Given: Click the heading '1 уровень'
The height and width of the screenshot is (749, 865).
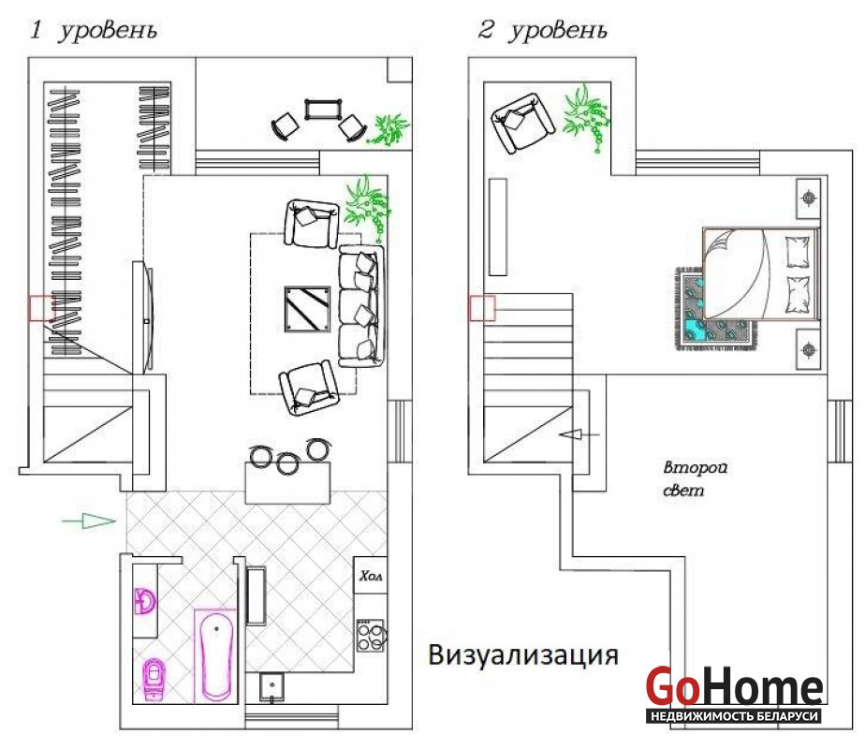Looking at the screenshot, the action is point(94,30).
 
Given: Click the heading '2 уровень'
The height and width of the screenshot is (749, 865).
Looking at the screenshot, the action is point(542,30).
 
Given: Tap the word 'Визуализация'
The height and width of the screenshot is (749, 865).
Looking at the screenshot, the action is point(523,655).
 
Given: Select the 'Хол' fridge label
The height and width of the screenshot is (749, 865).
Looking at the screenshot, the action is point(371,576).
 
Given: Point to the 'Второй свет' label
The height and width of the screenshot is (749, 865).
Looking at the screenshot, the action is point(695,478).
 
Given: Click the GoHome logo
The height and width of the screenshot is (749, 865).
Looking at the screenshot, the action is point(734,694).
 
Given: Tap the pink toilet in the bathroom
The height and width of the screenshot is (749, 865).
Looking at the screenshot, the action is point(154,680).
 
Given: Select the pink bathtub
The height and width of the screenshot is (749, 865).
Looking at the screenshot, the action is point(215,655).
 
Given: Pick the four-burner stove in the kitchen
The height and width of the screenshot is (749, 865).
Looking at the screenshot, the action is point(370,636).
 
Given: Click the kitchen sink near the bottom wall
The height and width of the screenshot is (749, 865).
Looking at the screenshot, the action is point(271,687).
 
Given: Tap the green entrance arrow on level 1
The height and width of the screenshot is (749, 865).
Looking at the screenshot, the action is point(89,521).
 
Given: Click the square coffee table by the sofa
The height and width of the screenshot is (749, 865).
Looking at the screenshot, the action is point(307,309).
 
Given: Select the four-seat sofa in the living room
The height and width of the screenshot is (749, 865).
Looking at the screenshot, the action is point(360,307).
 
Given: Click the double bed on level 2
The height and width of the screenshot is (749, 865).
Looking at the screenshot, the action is point(761,273).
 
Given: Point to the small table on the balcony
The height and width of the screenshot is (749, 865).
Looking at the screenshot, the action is point(323,110).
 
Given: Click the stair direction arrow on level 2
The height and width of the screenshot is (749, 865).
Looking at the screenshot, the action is point(579,434).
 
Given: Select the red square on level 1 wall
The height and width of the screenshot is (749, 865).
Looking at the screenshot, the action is point(42,308).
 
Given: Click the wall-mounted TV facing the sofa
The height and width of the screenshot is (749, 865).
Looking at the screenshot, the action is point(143,318).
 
